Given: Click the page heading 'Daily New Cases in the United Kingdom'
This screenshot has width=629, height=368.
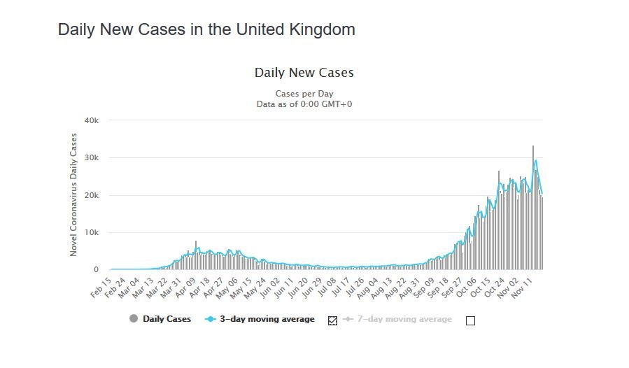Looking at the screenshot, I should (206, 29).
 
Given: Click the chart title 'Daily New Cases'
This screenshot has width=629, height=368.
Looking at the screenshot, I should (304, 73).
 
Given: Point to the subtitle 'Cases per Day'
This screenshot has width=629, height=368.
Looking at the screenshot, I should (304, 94).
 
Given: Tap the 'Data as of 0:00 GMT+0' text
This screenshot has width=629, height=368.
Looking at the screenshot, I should (304, 104).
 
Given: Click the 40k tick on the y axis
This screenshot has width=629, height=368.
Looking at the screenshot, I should (92, 120).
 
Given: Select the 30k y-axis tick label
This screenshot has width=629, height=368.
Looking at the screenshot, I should (92, 158).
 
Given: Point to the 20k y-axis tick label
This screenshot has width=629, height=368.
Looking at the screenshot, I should (92, 195).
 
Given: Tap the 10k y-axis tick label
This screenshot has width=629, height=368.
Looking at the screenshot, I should (92, 232).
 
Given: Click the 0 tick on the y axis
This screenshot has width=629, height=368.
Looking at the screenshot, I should (97, 270).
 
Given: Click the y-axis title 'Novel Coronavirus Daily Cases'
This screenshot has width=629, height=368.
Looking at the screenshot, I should (73, 195).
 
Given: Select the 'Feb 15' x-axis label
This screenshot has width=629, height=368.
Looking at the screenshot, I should (101, 286).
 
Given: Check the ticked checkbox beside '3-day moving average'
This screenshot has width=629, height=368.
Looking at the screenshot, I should (332, 320).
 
